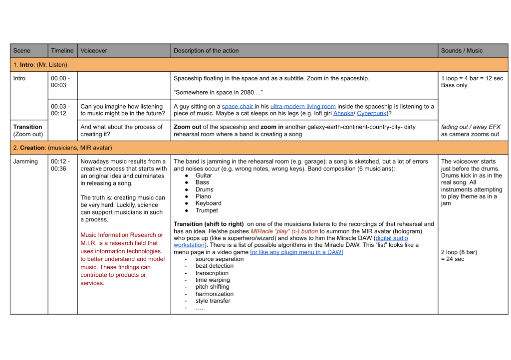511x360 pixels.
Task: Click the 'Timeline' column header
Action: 62,51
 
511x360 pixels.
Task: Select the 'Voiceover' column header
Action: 94,51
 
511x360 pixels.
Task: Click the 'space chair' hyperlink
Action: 238,106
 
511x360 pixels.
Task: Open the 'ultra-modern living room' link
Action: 303,106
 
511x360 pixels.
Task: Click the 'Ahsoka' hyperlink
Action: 343,113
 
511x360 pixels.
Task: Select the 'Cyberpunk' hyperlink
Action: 371,113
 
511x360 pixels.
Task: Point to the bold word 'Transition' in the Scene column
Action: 27,127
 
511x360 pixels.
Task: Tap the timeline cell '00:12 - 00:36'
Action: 60,165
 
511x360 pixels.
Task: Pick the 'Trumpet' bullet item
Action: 207,210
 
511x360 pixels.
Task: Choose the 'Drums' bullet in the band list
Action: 204,189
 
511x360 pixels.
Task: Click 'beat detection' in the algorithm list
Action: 215,266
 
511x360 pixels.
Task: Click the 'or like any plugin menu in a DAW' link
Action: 296,252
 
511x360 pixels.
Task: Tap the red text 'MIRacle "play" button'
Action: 284,231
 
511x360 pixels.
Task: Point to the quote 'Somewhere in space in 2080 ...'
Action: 218,92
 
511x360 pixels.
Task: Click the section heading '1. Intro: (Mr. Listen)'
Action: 40,65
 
